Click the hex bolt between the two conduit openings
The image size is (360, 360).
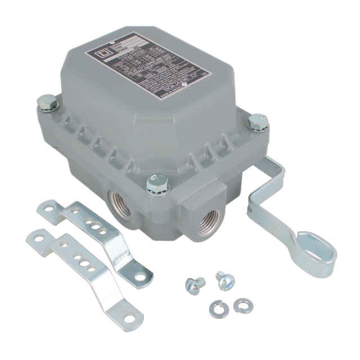(x=157, y=183)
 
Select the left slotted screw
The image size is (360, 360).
(x=193, y=286)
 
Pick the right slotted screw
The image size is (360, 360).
(x=224, y=280)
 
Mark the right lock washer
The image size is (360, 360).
(x=243, y=305)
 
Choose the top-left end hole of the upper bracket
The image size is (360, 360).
(x=49, y=208)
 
